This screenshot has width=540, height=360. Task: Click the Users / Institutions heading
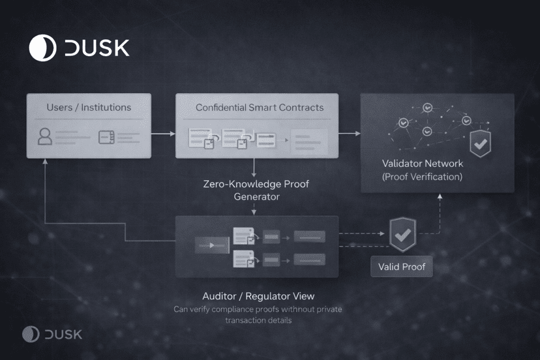click(89, 107)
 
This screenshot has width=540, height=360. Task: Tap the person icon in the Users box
click(45, 137)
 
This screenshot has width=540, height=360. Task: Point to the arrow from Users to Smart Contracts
click(163, 134)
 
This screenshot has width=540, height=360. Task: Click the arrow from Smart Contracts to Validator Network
click(350, 134)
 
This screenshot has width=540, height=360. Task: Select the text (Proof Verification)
click(423, 176)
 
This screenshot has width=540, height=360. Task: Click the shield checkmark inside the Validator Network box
click(481, 143)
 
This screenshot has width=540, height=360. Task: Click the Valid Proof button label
click(402, 267)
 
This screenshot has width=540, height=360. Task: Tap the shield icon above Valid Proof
click(402, 234)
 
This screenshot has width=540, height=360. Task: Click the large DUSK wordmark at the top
click(97, 48)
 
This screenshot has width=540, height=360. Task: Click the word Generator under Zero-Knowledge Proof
click(256, 196)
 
